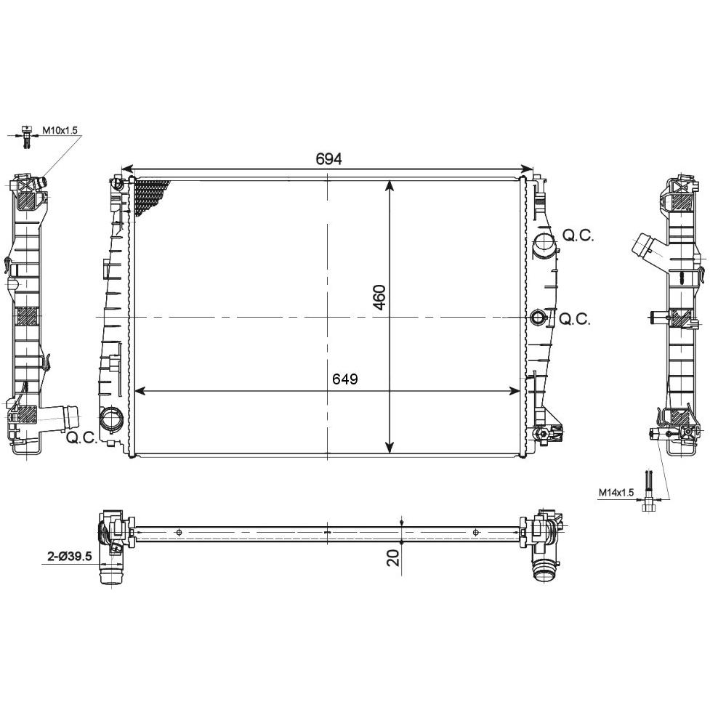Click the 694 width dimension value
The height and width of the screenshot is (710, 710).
[x=328, y=158]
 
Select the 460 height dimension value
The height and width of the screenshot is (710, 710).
[x=379, y=297]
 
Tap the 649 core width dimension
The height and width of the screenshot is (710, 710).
[x=345, y=379]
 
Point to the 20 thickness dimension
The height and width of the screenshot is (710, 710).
[x=394, y=558]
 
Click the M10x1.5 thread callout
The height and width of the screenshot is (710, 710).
[x=60, y=130]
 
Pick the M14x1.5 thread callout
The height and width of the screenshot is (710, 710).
[x=616, y=493]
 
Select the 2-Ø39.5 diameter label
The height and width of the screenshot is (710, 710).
[x=70, y=556]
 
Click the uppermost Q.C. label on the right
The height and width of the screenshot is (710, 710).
[x=578, y=235]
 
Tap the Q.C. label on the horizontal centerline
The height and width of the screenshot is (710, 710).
[x=575, y=319]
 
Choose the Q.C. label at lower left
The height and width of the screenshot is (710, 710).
[x=81, y=437]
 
